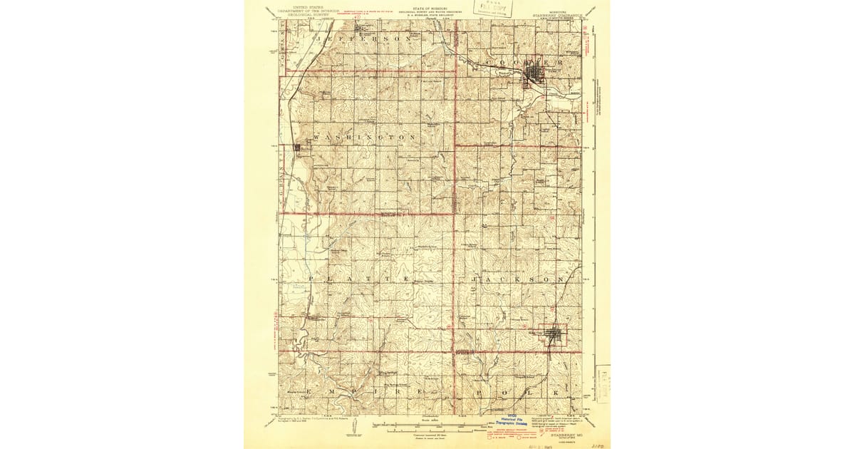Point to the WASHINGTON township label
(364, 136)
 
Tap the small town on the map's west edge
(297, 148)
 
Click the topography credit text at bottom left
(309, 420)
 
